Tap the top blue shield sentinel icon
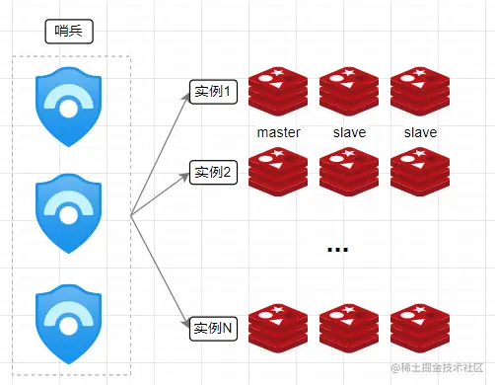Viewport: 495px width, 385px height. (x=68, y=107)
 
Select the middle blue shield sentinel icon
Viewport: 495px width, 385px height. (x=68, y=212)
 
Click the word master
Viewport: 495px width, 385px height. (x=278, y=131)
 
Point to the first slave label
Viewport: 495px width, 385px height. (x=349, y=131)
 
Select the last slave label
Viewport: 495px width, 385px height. (x=420, y=131)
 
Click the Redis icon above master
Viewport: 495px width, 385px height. (x=278, y=91)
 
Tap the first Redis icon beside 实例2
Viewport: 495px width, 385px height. (x=278, y=171)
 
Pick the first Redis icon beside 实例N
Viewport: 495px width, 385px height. (x=278, y=329)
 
